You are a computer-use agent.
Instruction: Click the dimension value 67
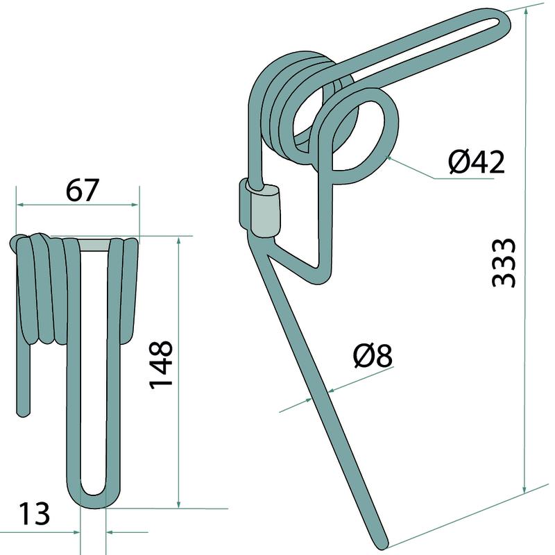tap(82, 190)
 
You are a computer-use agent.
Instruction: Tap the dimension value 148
tap(161, 365)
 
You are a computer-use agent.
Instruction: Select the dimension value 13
tap(34, 513)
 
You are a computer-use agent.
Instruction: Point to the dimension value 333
tap(504, 262)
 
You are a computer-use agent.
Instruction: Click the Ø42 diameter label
tap(477, 162)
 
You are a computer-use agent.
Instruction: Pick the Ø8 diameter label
tap(373, 355)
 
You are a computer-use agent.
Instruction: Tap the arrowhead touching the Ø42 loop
tap(389, 159)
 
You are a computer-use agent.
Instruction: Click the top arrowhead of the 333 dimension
tap(527, 10)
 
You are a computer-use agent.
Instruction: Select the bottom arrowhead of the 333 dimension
tap(524, 489)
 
